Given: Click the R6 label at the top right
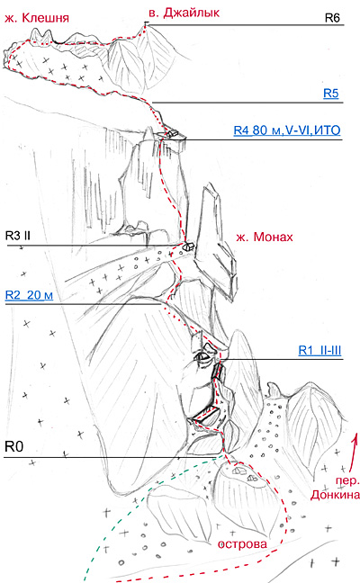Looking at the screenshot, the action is coord(332,17).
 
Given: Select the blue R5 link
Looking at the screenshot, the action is coord(331,93).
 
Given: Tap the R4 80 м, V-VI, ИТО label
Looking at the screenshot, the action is coord(287,130).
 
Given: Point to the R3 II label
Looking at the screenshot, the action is coord(18,236).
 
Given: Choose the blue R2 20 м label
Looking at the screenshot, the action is coord(29,295).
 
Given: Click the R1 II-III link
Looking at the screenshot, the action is coord(319,350).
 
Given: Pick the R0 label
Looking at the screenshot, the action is coord(13,446).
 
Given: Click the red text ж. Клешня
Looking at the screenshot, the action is coord(36,18).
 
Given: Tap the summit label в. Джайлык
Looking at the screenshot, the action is coord(184,13).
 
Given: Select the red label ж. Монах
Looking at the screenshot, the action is coord(265,237).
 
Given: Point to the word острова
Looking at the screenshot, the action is coord(242,544).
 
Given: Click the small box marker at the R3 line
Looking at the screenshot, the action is coord(189,246).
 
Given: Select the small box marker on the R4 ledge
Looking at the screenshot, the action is coord(171,133).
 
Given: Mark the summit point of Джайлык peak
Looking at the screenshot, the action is coord(146,23).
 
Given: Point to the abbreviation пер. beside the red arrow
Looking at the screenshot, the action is coord(347,480).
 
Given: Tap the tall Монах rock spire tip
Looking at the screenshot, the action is coord(211,184).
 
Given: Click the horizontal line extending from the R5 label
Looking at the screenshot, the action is coord(247,103).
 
